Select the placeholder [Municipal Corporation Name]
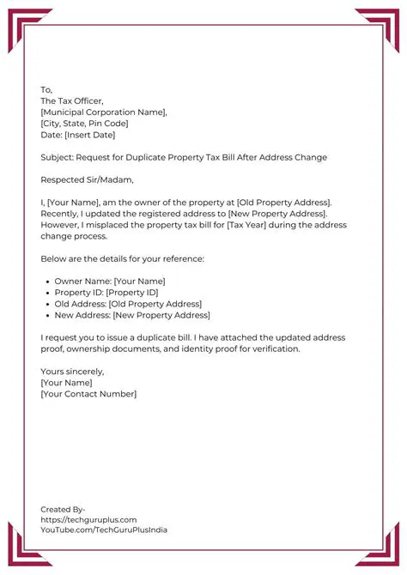click(104, 112)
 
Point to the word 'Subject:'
click(57, 158)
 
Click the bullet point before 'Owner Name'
click(46, 281)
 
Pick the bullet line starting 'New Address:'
click(131, 315)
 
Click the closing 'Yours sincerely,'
click(72, 372)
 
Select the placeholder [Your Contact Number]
click(88, 394)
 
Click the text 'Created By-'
click(63, 509)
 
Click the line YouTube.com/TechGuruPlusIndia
click(104, 530)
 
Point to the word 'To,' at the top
click(46, 89)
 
